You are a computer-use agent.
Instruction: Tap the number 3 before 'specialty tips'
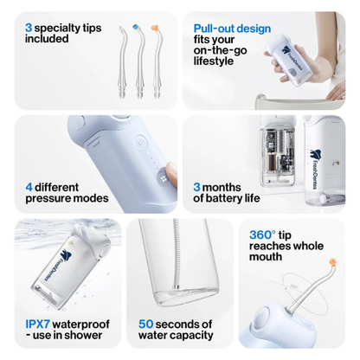coord(29,28)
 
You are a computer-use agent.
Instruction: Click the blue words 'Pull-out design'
coord(231,28)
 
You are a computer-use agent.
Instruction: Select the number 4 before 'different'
coord(29,185)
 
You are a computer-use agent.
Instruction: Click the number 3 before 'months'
coord(196,185)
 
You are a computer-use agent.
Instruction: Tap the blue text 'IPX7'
coord(39,322)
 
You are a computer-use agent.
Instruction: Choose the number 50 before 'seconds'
coord(147,322)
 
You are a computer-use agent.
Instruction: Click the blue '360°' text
coord(262,234)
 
